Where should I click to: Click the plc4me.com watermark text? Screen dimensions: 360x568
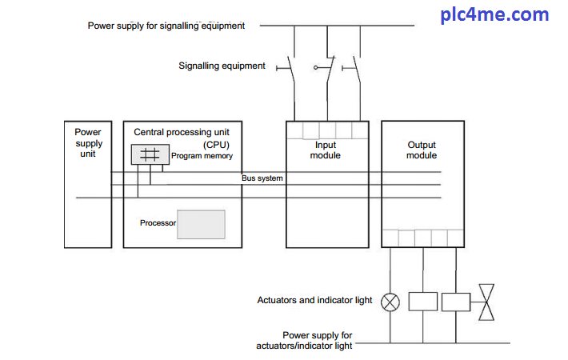pyautogui.click(x=506, y=15)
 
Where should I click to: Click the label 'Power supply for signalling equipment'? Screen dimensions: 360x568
pyautogui.click(x=166, y=26)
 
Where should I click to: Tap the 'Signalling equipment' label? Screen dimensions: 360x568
pyautogui.click(x=222, y=66)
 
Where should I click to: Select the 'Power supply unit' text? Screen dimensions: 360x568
pyautogui.click(x=88, y=142)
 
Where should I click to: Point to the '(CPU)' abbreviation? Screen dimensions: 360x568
pyautogui.click(x=182, y=144)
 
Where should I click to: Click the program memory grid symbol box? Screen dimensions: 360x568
pyautogui.click(x=150, y=155)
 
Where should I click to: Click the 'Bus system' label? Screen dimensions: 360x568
pyautogui.click(x=262, y=178)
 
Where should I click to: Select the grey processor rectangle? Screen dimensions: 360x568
pyautogui.click(x=201, y=223)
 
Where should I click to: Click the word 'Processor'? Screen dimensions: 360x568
pyautogui.click(x=158, y=223)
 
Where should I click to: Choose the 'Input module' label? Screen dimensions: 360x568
pyautogui.click(x=326, y=150)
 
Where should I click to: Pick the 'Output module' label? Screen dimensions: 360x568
pyautogui.click(x=422, y=150)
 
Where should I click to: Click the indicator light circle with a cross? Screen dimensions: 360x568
pyautogui.click(x=390, y=302)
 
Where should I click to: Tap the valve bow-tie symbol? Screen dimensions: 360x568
pyautogui.click(x=486, y=302)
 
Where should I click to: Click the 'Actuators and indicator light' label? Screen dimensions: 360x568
pyautogui.click(x=314, y=301)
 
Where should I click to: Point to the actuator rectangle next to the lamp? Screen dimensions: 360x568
pyautogui.click(x=422, y=302)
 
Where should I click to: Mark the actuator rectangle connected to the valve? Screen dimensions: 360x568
pyautogui.click(x=455, y=302)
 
